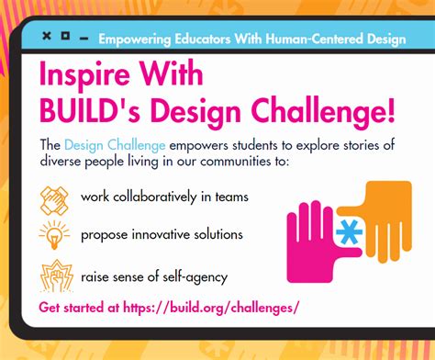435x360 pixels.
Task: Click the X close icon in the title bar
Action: coord(47,36)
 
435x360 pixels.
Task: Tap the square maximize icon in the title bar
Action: coord(65,36)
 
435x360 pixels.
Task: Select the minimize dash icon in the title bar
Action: coord(84,39)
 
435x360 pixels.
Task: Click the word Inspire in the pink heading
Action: coord(84,74)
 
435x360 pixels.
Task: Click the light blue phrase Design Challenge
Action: coord(115,145)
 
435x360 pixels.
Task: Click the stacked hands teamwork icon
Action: coord(54,200)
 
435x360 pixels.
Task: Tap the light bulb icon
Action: coord(54,235)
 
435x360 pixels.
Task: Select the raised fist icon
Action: coord(57,276)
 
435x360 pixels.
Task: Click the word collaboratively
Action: coord(155,197)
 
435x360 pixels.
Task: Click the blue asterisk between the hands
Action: coord(349,231)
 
